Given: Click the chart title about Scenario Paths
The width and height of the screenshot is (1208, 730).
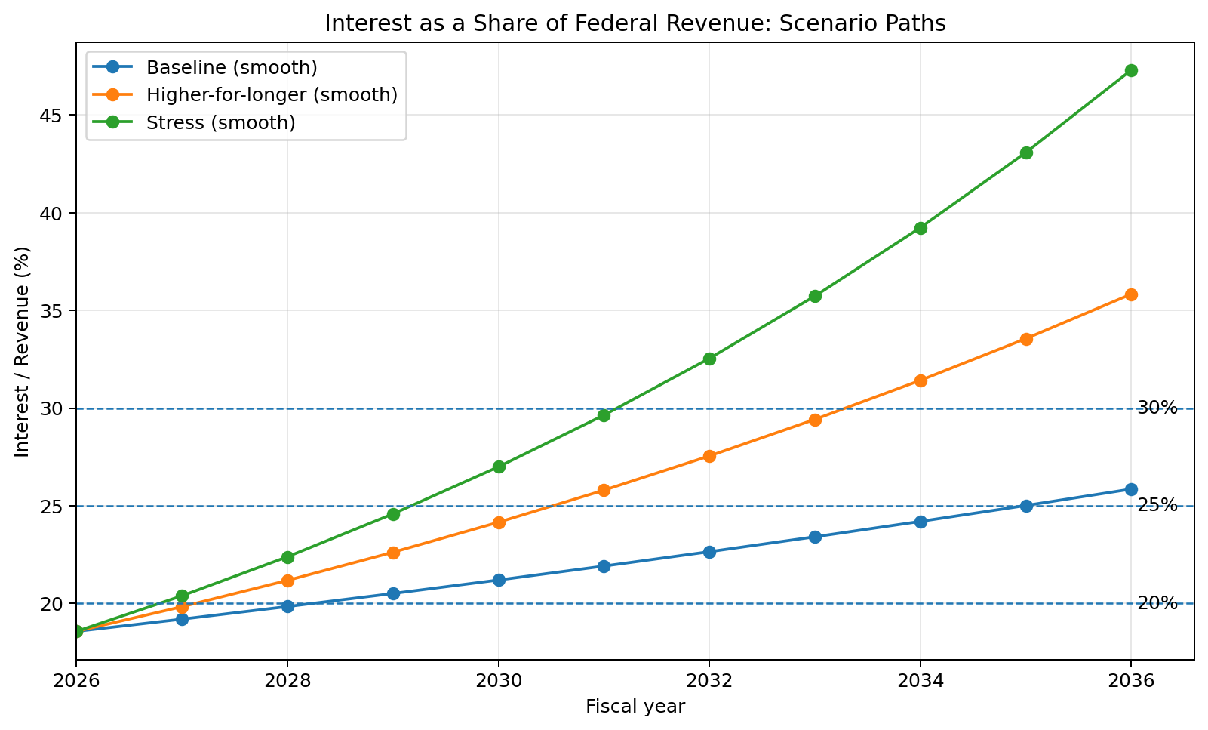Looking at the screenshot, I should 635,23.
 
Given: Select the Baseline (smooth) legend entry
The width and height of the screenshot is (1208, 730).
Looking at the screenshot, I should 232,67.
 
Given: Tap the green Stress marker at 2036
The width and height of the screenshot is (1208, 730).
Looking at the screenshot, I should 1131,70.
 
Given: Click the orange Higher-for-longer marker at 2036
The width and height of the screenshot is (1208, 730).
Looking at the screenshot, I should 1131,294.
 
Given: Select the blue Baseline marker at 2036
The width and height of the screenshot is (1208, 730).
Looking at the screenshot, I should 1131,489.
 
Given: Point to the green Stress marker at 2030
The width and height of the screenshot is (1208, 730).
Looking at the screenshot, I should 498,467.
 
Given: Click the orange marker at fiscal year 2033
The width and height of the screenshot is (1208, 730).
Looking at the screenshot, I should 815,420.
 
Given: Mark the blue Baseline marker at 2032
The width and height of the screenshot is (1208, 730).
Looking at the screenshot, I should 709,552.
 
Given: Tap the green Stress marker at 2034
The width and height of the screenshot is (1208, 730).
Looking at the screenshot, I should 921,228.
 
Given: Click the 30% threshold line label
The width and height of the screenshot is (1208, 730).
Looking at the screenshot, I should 1157,408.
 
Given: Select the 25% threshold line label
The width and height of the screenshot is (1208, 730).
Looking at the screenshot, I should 1157,506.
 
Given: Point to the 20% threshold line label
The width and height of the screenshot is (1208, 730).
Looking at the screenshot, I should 1157,603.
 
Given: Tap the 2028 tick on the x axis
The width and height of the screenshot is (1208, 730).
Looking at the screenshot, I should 287,681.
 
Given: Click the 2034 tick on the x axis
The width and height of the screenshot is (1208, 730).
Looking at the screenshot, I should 920,681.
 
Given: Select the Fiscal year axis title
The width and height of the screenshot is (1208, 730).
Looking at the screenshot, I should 635,707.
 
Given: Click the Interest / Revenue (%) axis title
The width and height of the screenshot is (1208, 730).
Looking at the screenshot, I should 23,351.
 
